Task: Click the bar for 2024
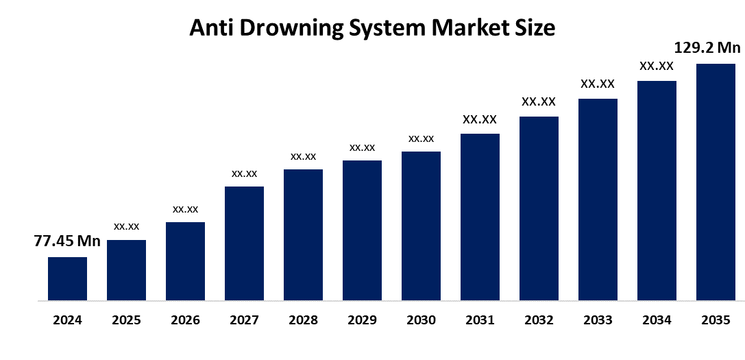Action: click(x=67, y=278)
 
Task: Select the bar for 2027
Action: click(x=244, y=243)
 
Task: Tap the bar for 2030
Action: click(x=421, y=226)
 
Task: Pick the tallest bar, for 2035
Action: click(x=716, y=182)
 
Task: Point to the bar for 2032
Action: click(x=539, y=208)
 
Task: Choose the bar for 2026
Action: click(x=185, y=261)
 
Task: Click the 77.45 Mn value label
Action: click(x=67, y=241)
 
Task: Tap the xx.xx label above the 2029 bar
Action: click(x=362, y=147)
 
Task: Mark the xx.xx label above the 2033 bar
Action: click(x=598, y=84)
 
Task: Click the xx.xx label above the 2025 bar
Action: click(x=126, y=226)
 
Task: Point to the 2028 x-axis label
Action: click(x=303, y=320)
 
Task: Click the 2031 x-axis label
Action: click(x=480, y=320)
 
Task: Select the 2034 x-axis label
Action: click(x=657, y=320)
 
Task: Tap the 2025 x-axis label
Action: click(x=126, y=320)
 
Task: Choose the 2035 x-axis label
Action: click(x=716, y=320)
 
